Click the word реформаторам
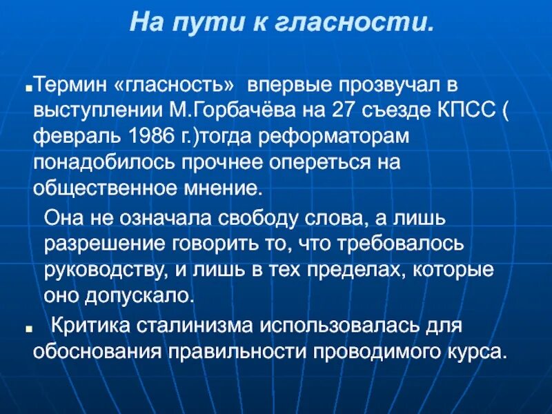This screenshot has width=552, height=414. [331, 137]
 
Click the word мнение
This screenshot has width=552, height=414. [230, 187]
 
